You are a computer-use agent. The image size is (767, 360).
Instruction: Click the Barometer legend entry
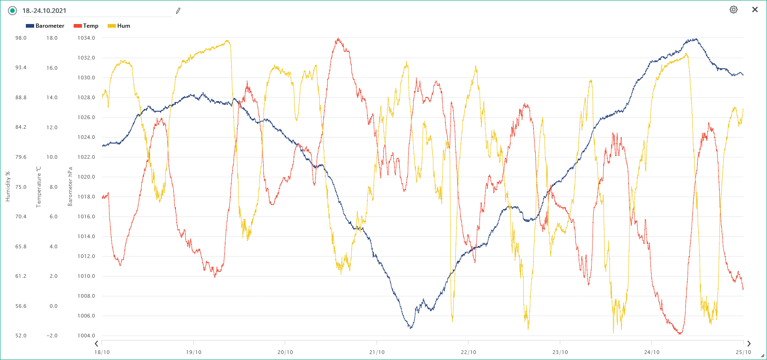[x=45, y=26]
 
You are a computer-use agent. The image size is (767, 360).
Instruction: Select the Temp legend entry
[x=86, y=26]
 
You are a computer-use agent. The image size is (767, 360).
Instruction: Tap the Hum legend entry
[x=119, y=26]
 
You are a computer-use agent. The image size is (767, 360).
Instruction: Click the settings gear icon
[x=733, y=10]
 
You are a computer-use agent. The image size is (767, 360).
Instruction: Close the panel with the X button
[x=755, y=10]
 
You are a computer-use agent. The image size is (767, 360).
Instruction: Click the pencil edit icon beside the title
[x=178, y=11]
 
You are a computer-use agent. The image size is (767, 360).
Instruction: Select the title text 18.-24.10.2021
[x=44, y=11]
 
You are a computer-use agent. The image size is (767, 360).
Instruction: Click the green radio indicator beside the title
[x=12, y=11]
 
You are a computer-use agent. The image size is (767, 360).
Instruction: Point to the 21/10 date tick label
[x=377, y=352]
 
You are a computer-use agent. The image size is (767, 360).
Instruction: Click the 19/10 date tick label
[x=193, y=352]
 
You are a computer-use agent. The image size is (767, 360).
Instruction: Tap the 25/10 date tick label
[x=743, y=352]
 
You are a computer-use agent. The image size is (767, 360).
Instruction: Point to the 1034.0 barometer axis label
[x=86, y=38]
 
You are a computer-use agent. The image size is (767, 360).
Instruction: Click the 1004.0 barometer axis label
[x=86, y=336]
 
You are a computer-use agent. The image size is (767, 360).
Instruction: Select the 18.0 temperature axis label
[x=52, y=38]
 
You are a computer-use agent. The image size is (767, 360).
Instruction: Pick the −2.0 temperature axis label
[x=52, y=336]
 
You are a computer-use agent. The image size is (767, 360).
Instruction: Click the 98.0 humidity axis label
[x=21, y=38]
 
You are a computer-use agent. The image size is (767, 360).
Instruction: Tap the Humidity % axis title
[x=7, y=186]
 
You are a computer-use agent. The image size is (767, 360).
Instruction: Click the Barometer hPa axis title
[x=70, y=186]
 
